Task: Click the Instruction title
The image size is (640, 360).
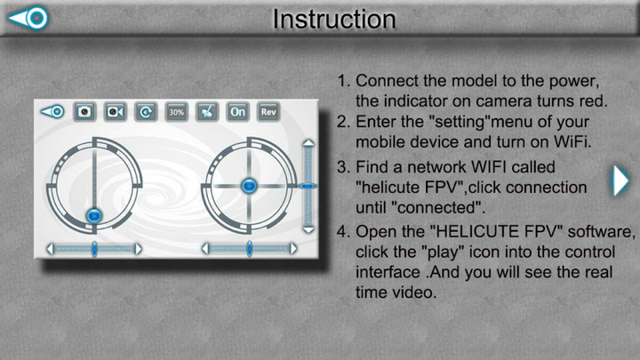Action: (333, 19)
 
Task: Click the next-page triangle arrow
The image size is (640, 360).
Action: (621, 181)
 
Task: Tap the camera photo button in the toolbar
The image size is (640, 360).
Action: (84, 112)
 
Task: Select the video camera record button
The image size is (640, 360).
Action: (115, 112)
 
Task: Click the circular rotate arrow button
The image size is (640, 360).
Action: (145, 112)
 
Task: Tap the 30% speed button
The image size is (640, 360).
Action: (176, 112)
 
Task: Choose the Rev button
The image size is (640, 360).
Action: (268, 112)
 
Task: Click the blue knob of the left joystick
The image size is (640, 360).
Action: (94, 215)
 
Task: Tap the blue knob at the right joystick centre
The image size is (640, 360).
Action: (250, 185)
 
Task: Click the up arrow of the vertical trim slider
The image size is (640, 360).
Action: (308, 141)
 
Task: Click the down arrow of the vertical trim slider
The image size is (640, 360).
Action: (308, 229)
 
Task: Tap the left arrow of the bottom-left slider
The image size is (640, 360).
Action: (50, 249)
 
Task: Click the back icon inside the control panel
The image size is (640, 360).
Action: (52, 112)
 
